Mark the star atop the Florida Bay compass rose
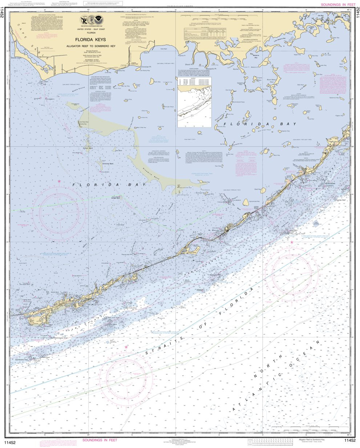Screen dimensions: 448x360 (x=59, y=181)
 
